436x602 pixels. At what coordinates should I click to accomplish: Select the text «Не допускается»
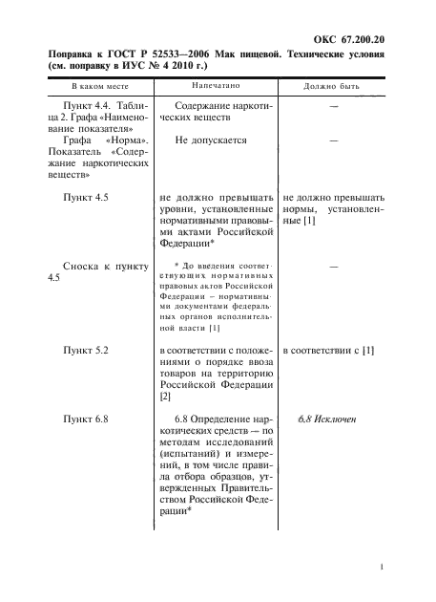tap(212, 140)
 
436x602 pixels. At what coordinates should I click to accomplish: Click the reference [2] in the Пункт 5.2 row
tap(165, 396)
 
